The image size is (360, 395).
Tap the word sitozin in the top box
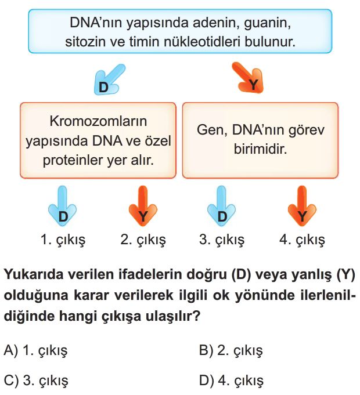point(85,42)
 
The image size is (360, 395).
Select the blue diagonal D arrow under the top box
point(109,79)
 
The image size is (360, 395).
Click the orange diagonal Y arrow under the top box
point(249,78)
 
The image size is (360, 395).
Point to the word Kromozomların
point(98,121)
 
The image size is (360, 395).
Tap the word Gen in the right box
point(211,131)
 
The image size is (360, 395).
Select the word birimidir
point(261,149)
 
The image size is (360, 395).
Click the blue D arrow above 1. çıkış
point(63,206)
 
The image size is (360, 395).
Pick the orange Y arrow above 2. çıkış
point(143,206)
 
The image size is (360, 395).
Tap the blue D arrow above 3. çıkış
point(222,206)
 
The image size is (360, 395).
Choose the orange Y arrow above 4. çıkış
point(302,206)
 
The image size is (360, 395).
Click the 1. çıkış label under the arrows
point(63,240)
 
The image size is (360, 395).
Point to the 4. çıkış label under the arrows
point(302,240)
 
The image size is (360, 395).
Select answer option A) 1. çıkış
point(36,350)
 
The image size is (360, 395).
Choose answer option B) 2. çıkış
point(231,350)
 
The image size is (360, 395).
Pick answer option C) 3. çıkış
point(36,380)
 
